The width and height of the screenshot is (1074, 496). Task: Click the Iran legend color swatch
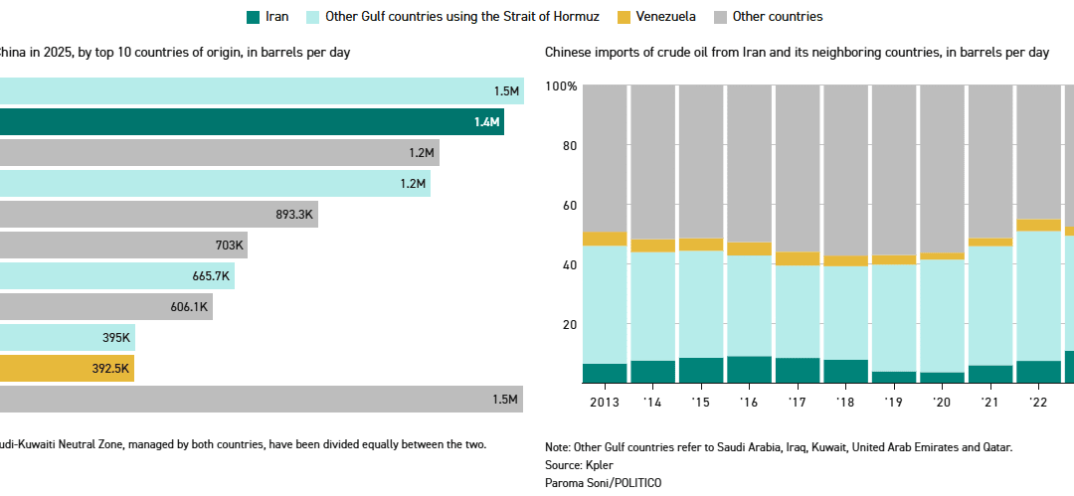click(x=253, y=17)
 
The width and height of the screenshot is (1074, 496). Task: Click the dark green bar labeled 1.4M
click(x=249, y=122)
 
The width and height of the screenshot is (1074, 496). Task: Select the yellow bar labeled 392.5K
click(x=66, y=368)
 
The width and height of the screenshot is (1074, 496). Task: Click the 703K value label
click(x=229, y=246)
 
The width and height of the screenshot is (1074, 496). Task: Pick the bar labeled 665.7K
click(x=114, y=276)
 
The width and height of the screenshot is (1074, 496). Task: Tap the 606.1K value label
click(x=189, y=307)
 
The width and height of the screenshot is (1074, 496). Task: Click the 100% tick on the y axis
click(x=561, y=86)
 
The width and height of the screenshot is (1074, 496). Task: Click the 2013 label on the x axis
click(x=604, y=402)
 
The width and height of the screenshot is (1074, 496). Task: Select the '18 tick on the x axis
click(x=846, y=402)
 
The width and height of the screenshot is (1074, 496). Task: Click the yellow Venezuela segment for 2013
click(x=604, y=239)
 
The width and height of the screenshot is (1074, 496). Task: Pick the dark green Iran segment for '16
click(x=749, y=370)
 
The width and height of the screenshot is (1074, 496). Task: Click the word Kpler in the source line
click(x=601, y=464)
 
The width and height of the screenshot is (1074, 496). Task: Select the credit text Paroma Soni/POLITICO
click(x=603, y=482)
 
